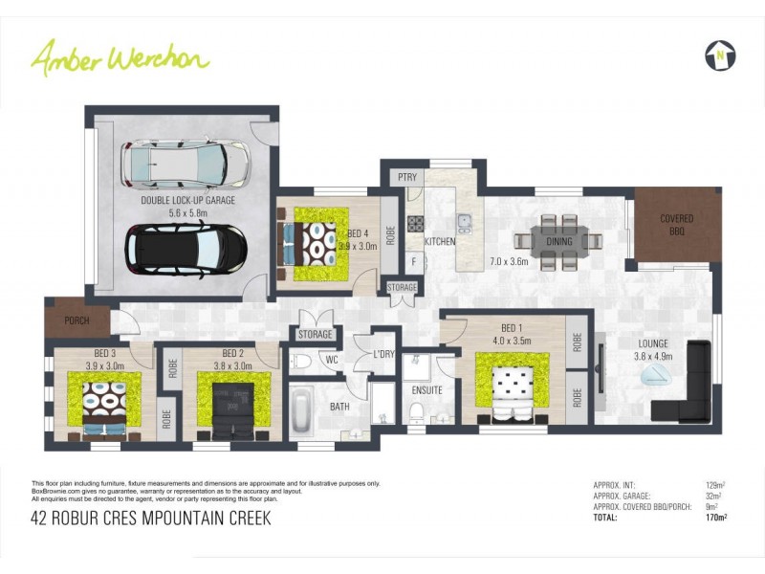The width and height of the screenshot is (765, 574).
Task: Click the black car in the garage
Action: pos(186,250)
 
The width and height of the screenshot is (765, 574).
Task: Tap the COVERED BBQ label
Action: pos(676,225)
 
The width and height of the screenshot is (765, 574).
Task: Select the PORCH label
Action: pos(76,320)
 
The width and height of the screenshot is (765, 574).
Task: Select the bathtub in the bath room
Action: pos(302,412)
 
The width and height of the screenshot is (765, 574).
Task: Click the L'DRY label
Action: pos(384,354)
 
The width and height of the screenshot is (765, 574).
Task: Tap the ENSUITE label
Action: pos(426,390)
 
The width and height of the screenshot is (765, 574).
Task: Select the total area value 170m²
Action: pos(715,518)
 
